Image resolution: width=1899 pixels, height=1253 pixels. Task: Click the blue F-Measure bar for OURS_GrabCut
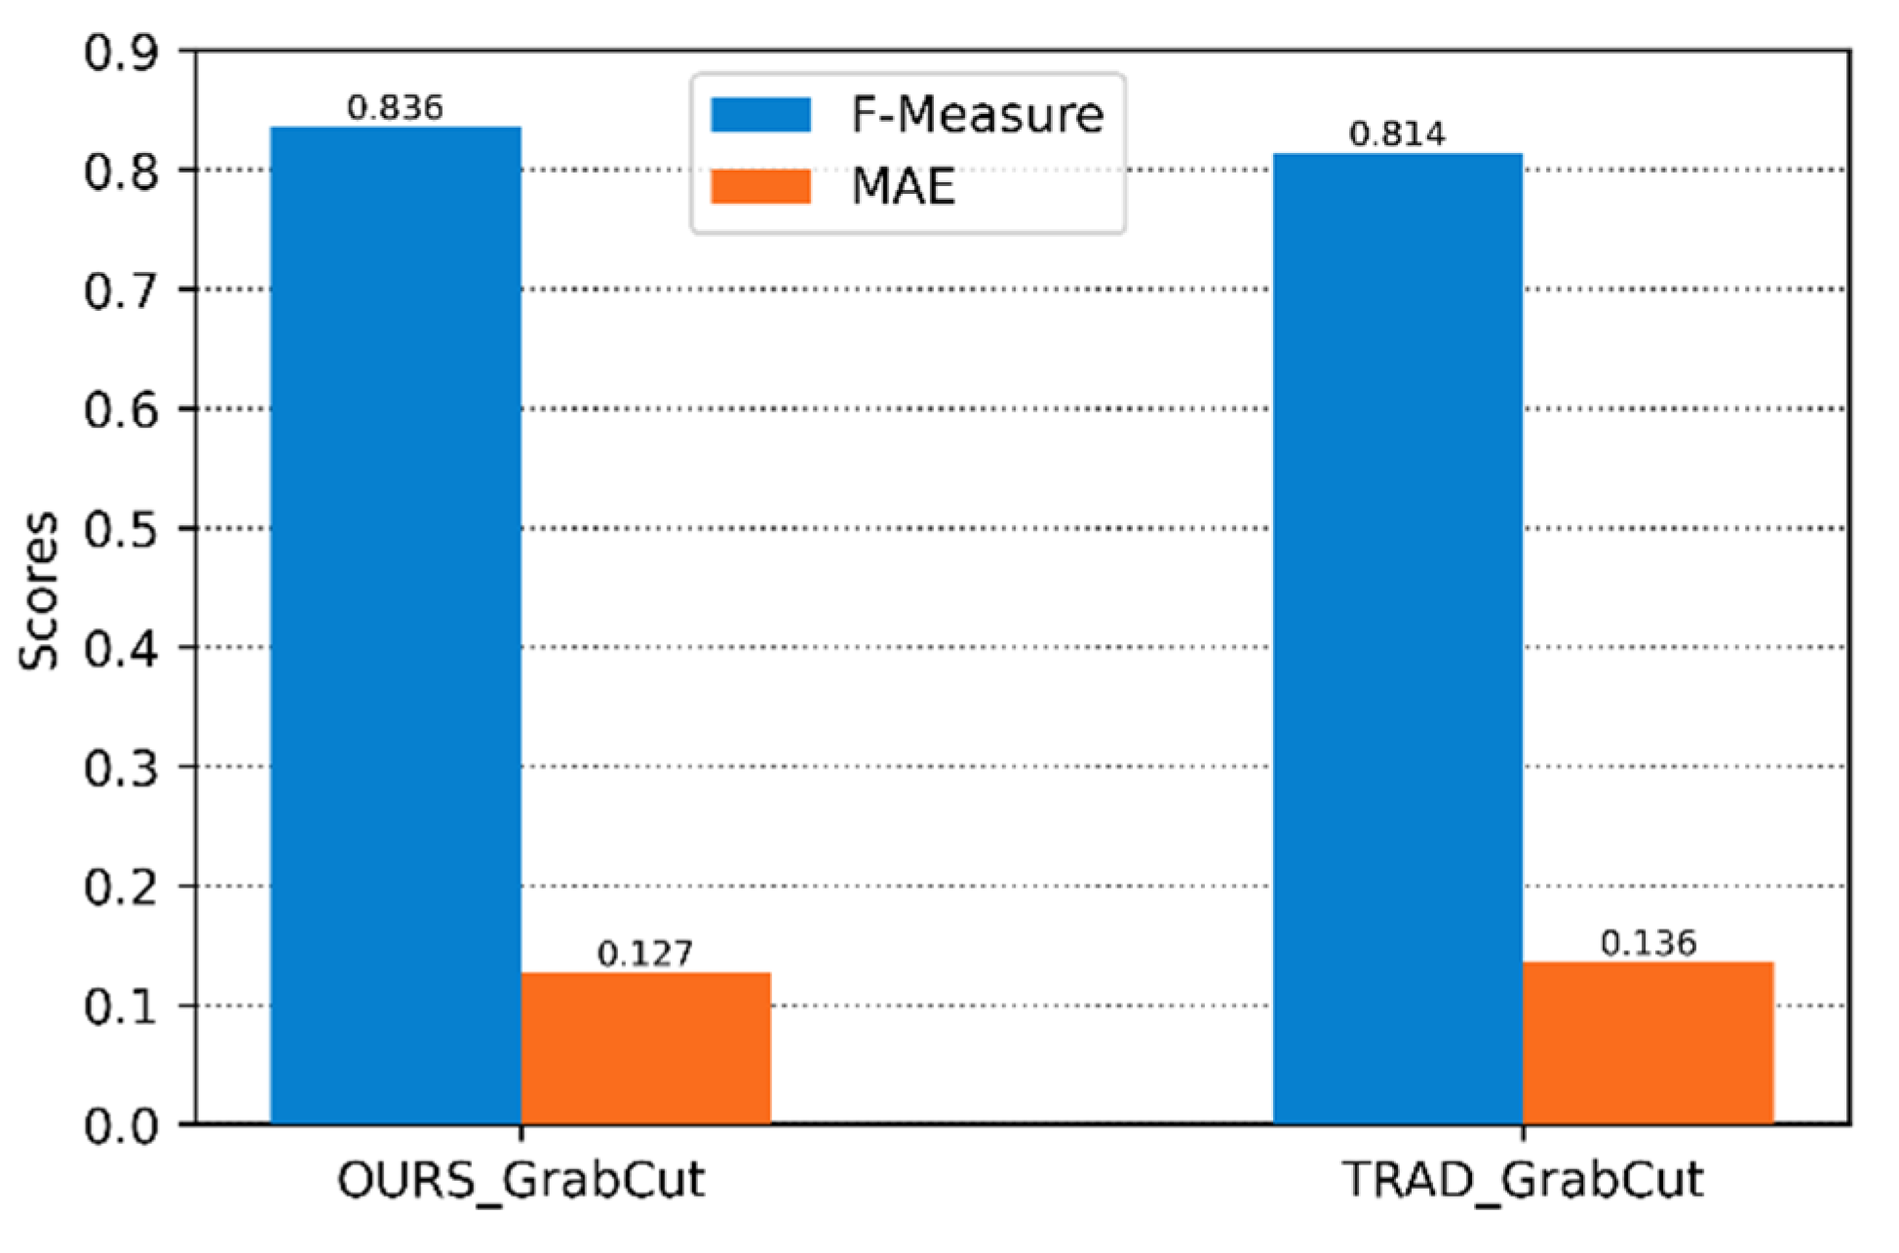tap(395, 624)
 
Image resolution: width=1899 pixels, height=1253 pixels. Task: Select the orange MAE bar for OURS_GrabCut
tap(645, 1047)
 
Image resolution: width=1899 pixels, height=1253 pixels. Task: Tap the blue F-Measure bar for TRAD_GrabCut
tap(1397, 638)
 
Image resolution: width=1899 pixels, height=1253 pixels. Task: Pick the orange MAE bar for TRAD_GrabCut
tap(1647, 1043)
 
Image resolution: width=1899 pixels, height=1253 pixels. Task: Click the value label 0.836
tap(395, 107)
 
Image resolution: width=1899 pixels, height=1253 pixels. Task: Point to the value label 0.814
tap(1397, 133)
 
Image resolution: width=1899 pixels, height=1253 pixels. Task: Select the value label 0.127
tap(645, 953)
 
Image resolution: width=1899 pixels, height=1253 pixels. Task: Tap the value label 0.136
tap(1648, 942)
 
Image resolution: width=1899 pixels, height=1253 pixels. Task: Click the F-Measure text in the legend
tap(977, 115)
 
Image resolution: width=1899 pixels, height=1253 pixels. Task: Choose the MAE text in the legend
tap(903, 186)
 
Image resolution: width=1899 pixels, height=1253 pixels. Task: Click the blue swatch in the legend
tap(760, 115)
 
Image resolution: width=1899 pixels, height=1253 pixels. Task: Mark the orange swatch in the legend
tap(760, 186)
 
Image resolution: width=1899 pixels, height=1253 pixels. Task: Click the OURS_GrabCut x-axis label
tap(521, 1180)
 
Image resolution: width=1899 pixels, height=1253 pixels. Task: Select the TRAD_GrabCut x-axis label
tap(1523, 1180)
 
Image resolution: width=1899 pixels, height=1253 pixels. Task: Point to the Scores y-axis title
tap(40, 590)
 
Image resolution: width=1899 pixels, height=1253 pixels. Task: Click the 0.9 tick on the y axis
tap(121, 53)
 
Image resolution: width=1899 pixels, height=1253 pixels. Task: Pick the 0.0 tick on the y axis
tap(121, 1126)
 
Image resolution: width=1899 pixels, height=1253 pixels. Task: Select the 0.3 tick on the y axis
tap(121, 768)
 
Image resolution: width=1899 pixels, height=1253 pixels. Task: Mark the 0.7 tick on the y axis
tap(121, 290)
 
